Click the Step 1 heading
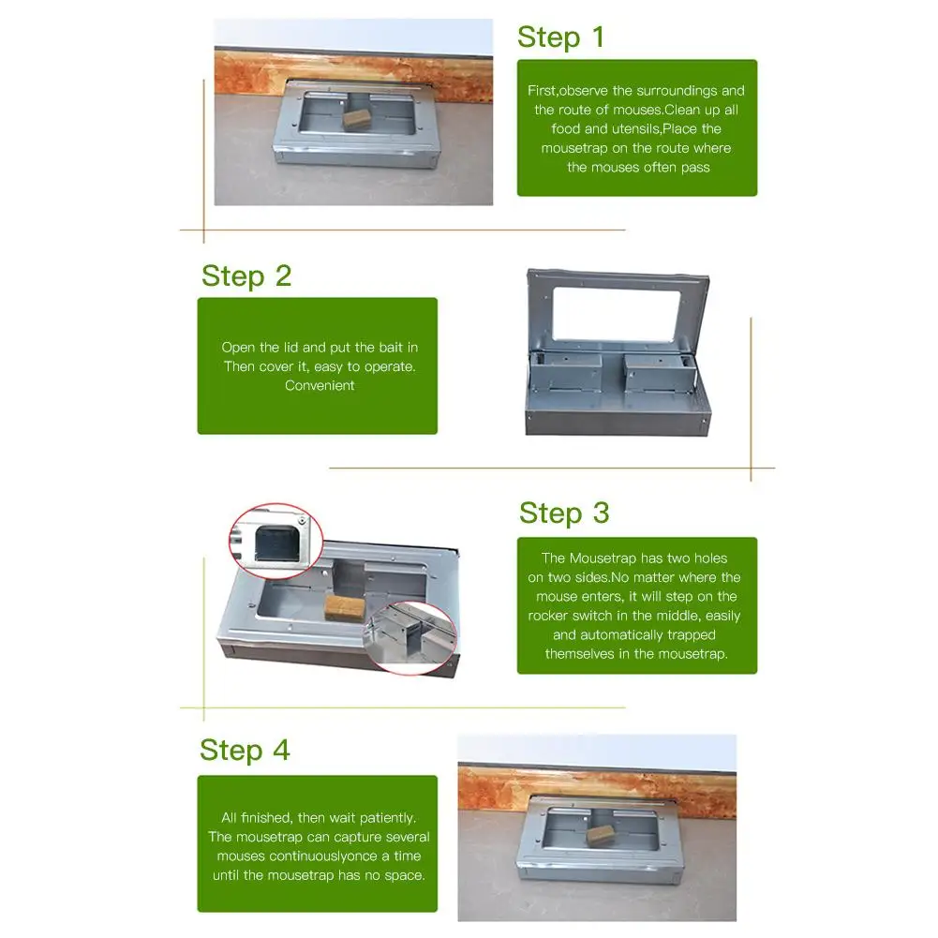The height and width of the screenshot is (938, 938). pyautogui.click(x=560, y=37)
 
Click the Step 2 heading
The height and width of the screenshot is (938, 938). pyautogui.click(x=246, y=276)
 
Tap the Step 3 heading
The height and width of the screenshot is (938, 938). pyautogui.click(x=564, y=514)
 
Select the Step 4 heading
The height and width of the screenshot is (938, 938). pyautogui.click(x=245, y=751)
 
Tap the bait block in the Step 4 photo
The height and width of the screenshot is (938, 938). pyautogui.click(x=601, y=833)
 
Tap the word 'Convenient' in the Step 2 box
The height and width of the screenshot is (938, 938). pyautogui.click(x=320, y=385)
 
